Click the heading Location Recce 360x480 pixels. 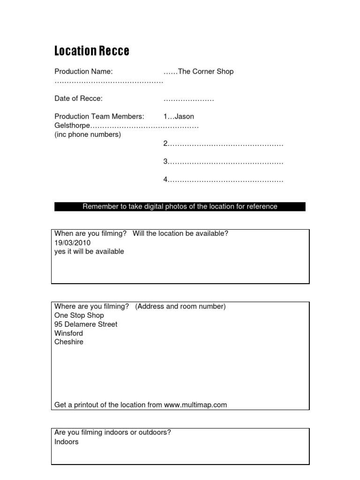pos(92,51)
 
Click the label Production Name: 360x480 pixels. pos(83,72)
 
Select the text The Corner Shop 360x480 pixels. pos(206,72)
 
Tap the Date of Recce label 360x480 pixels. pos(78,98)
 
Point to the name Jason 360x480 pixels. pos(184,116)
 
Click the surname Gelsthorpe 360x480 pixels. pos(72,126)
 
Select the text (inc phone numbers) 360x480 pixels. pos(88,135)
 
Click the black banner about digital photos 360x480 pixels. pos(180,206)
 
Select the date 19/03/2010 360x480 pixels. pos(73,243)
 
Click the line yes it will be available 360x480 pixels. pos(89,252)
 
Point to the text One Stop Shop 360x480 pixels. pos(79,315)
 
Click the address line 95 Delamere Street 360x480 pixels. pos(86,324)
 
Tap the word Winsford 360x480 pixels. pos(68,333)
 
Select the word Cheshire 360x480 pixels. pos(69,342)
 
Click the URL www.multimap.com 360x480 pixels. pos(195,405)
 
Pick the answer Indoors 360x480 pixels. pos(67,442)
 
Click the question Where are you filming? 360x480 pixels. pos(92,307)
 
